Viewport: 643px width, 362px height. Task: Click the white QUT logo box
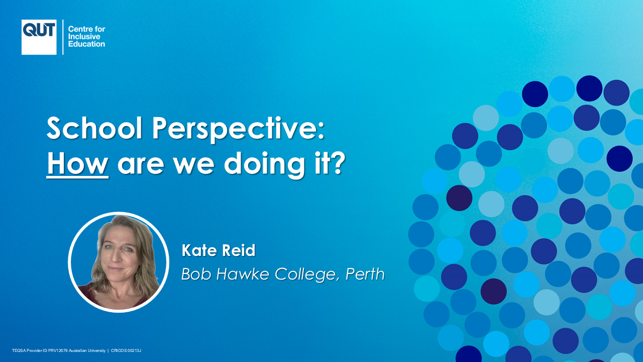pos(39,37)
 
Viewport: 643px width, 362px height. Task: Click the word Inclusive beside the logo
pos(84,37)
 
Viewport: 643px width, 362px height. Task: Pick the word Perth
pos(365,274)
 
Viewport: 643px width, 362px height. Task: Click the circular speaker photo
pos(119,262)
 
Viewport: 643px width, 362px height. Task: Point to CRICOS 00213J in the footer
pos(126,350)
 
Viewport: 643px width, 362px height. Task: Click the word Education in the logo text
pos(86,44)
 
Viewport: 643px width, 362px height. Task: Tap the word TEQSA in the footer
pos(19,350)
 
